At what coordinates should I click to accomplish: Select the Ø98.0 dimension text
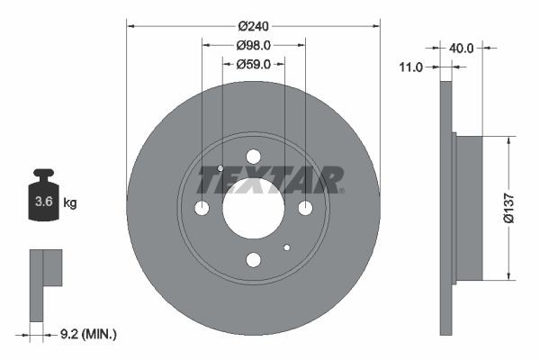(x=253, y=45)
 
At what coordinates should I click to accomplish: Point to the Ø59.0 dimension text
(x=254, y=63)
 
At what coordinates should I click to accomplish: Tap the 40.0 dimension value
(x=461, y=48)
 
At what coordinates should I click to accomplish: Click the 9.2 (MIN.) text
(x=86, y=334)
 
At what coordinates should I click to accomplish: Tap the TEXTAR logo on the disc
(x=270, y=180)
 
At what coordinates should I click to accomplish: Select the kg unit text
(x=70, y=203)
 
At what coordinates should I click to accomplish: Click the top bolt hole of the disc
(x=253, y=157)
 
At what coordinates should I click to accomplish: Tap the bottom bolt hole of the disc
(x=253, y=260)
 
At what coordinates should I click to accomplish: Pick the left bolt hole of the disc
(x=202, y=209)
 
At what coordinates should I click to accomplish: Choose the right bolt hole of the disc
(x=305, y=209)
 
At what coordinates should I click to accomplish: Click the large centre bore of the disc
(x=253, y=209)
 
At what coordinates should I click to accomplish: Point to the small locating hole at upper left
(x=220, y=167)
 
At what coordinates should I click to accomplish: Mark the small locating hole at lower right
(x=287, y=247)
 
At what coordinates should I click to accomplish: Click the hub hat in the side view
(x=468, y=208)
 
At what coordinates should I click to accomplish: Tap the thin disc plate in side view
(x=445, y=209)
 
